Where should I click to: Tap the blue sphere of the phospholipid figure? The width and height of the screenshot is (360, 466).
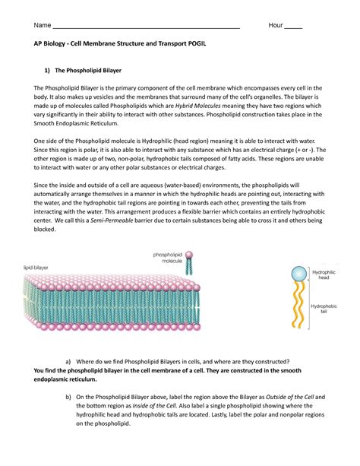pos(301,274)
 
